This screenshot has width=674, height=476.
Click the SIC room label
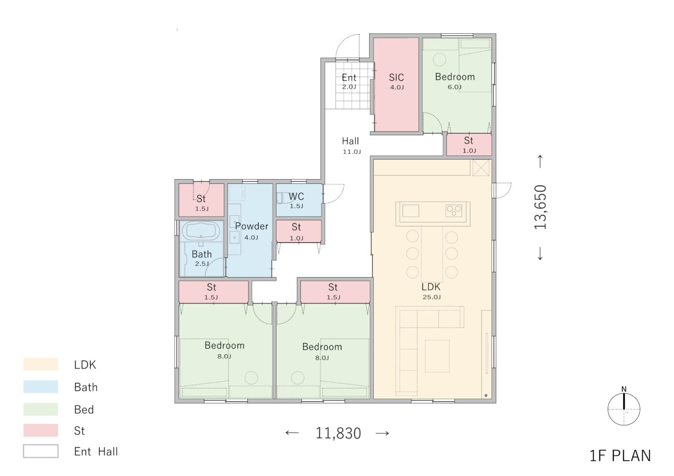pyautogui.click(x=396, y=78)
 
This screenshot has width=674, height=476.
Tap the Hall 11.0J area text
pyautogui.click(x=352, y=152)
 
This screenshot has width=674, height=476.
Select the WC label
pyautogui.click(x=296, y=196)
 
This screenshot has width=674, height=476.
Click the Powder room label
pyautogui.click(x=251, y=226)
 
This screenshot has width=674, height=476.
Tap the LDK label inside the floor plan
pyautogui.click(x=431, y=287)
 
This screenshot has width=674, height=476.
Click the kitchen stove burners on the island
pyautogui.click(x=454, y=210)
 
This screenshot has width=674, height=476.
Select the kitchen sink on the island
pyautogui.click(x=411, y=210)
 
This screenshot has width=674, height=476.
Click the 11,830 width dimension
pyautogui.click(x=338, y=434)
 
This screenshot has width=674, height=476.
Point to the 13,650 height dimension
pyautogui.click(x=540, y=207)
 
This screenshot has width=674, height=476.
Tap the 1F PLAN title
pyautogui.click(x=620, y=456)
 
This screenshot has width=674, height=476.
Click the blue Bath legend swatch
pyautogui.click(x=40, y=387)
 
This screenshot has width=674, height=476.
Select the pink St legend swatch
pyautogui.click(x=40, y=430)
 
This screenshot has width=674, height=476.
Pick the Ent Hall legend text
pyautogui.click(x=96, y=451)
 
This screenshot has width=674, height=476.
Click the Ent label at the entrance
pyautogui.click(x=349, y=78)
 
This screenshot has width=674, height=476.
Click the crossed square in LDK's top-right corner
pyautogui.click(x=481, y=168)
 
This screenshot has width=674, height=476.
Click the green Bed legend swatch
pyautogui.click(x=40, y=409)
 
